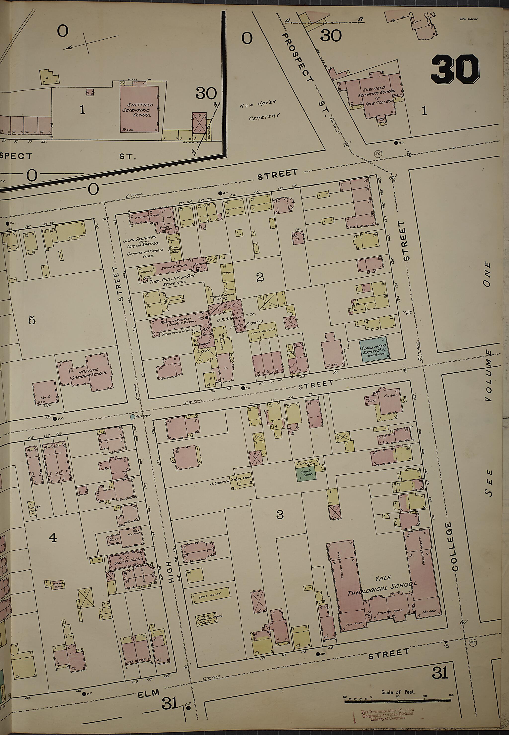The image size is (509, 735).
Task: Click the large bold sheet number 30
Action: [x=455, y=69]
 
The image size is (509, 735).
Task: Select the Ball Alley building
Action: [x=210, y=593]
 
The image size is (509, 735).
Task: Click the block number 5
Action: [x=32, y=320]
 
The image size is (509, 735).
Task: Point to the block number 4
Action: [x=53, y=538]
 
